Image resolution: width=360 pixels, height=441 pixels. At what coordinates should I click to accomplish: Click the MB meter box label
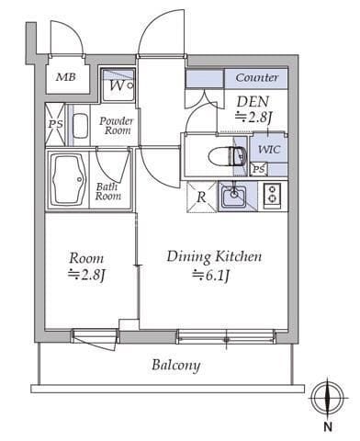point(66,77)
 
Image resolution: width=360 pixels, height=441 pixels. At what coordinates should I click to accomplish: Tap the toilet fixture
point(228,156)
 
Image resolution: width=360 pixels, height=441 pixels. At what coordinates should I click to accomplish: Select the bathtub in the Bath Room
point(68,180)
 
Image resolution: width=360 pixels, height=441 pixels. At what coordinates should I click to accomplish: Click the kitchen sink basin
point(234,195)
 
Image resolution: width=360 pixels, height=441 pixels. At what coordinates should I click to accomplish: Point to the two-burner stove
point(272,194)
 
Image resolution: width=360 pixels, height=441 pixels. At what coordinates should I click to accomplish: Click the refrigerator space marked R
point(202,197)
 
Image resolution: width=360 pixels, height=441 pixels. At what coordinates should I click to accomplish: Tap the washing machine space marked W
point(118,85)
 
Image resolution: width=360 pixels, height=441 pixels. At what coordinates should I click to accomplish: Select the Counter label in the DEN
point(257,77)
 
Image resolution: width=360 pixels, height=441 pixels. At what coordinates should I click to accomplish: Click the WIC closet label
point(269,150)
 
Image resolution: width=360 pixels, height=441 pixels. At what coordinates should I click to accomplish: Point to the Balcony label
point(176,365)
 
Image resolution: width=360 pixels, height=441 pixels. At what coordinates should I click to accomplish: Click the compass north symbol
point(327,399)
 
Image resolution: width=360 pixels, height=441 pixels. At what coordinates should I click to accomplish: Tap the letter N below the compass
point(328,426)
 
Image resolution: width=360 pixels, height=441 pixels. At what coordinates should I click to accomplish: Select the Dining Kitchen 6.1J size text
point(211,276)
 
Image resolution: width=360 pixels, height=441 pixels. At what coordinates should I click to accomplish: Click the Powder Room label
point(117,126)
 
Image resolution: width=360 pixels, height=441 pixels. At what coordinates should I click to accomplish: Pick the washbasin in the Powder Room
point(81,126)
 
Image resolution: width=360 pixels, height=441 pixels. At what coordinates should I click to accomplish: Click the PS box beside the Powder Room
point(55,124)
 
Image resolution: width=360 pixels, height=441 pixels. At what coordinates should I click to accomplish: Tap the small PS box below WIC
point(259,169)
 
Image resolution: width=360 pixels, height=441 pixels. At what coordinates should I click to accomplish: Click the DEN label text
point(253,102)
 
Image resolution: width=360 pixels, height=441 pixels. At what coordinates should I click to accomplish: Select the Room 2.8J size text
point(86,276)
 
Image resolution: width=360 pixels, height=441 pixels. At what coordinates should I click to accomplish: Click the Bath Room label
point(108,191)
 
